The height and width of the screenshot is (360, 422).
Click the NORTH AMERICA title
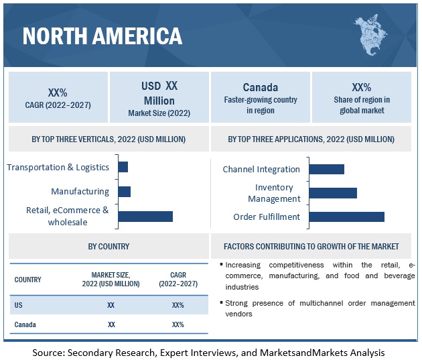coord(102,35)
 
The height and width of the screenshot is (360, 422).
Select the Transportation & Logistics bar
coord(123,167)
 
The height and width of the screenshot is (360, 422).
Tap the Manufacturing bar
coord(124,192)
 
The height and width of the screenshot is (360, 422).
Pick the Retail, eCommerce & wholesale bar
coord(145,216)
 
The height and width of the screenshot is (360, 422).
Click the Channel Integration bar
coord(327,169)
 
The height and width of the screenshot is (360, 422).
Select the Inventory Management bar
coord(333,193)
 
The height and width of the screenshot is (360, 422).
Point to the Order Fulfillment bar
coord(347,217)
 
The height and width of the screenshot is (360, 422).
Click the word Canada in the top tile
coord(260,87)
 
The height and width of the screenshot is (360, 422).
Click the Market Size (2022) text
coord(159,113)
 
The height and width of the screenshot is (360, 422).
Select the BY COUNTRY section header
coord(109,246)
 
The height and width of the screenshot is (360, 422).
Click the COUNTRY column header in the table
coord(27,280)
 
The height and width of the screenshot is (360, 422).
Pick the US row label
coord(18,305)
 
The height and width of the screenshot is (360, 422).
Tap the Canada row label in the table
coord(25,324)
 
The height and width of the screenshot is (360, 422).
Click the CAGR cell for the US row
coord(178,305)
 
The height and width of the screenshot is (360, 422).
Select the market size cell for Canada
coord(111,324)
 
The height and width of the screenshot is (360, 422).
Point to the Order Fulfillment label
coord(267,217)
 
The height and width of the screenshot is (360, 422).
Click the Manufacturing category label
coord(80,192)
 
